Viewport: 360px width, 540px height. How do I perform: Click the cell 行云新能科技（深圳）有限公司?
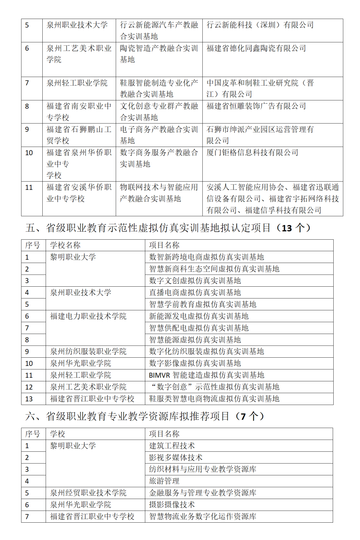click(260, 25)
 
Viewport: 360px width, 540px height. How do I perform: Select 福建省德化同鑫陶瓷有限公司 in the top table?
click(256, 48)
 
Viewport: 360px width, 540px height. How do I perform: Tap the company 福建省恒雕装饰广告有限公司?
click(256, 106)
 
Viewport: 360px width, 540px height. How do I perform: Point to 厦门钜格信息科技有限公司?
click(252, 153)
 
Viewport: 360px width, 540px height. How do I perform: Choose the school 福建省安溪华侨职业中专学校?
click(79, 193)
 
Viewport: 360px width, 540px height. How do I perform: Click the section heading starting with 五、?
click(168, 228)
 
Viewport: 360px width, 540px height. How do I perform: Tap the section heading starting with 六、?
click(145, 416)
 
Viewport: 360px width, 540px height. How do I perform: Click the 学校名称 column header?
click(65, 245)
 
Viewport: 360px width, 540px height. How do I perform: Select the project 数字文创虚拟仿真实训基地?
click(195, 281)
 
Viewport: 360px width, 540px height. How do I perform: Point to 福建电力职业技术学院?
click(88, 316)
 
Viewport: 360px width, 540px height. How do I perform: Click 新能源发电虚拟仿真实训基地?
click(199, 316)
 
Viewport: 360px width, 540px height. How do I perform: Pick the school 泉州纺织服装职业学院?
click(88, 351)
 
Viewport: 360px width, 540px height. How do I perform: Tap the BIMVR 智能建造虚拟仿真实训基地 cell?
click(206, 375)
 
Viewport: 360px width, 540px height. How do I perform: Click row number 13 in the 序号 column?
click(29, 399)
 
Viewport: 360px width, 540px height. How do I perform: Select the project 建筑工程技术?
click(172, 446)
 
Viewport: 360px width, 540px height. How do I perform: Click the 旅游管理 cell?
click(164, 481)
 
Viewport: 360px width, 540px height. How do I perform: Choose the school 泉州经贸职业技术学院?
click(88, 493)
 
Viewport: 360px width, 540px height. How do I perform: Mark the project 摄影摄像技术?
click(172, 505)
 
